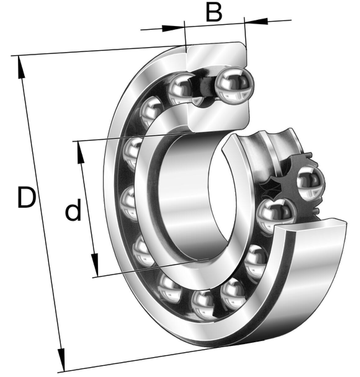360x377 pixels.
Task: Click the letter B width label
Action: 214,12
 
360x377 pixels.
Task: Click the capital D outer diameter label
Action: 27,197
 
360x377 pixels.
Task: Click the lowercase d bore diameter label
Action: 73,210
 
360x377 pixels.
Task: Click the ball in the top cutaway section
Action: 234,85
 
